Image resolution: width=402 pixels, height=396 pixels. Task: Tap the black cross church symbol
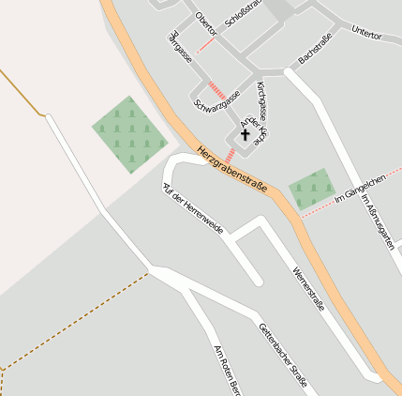[246, 134]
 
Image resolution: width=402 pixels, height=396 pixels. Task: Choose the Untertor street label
[366, 33]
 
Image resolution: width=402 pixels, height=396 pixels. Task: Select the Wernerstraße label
[308, 279]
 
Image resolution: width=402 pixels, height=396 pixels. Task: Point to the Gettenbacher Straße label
[282, 358]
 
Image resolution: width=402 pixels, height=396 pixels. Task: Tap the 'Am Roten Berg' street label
[229, 368]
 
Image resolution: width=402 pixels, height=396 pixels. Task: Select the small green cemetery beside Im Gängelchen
[310, 190]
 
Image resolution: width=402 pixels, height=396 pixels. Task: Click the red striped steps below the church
[230, 154]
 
